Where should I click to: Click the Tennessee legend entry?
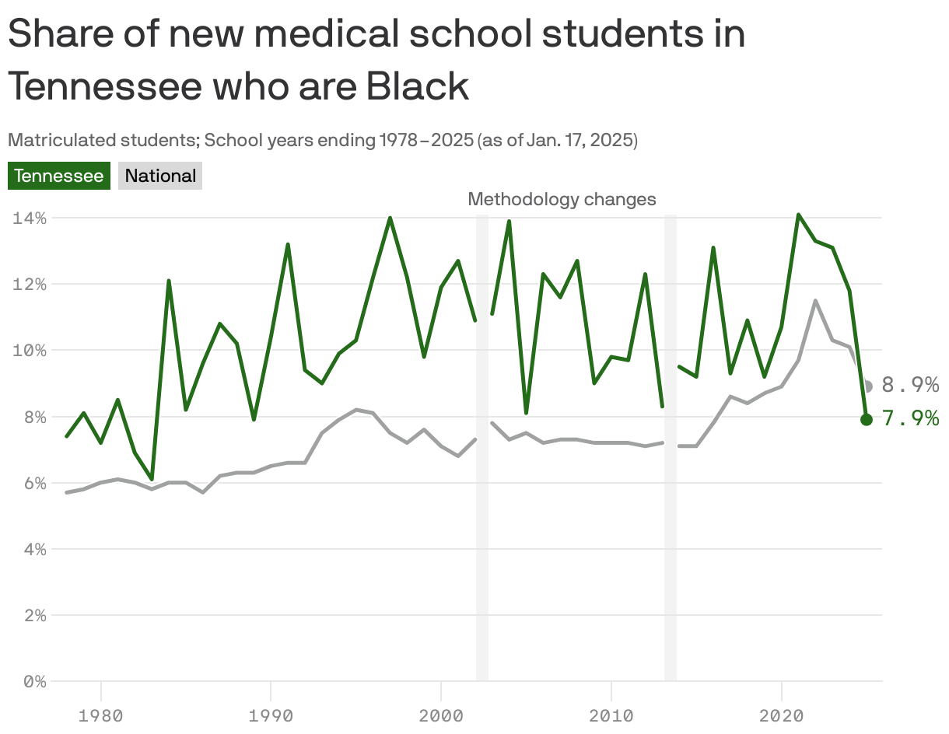tap(58, 176)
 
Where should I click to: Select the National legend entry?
tap(160, 176)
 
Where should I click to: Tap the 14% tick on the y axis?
tap(30, 218)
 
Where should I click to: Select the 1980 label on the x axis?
tap(100, 715)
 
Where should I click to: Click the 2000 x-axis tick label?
tap(441, 715)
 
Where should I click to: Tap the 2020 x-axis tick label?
tap(782, 715)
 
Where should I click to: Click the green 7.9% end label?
tap(910, 419)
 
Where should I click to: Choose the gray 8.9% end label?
tap(910, 386)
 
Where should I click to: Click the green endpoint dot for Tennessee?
tap(867, 419)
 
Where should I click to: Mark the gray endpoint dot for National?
tap(867, 386)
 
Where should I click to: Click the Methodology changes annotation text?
tap(562, 200)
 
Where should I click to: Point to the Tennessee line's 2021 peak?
tap(798, 214)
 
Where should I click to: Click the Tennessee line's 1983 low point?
tap(152, 479)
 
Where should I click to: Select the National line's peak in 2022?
tap(815, 300)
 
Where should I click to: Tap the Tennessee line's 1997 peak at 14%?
tap(390, 218)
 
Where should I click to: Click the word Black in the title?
tap(418, 86)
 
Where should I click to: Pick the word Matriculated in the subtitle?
tap(51, 141)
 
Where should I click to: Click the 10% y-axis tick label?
tap(30, 351)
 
